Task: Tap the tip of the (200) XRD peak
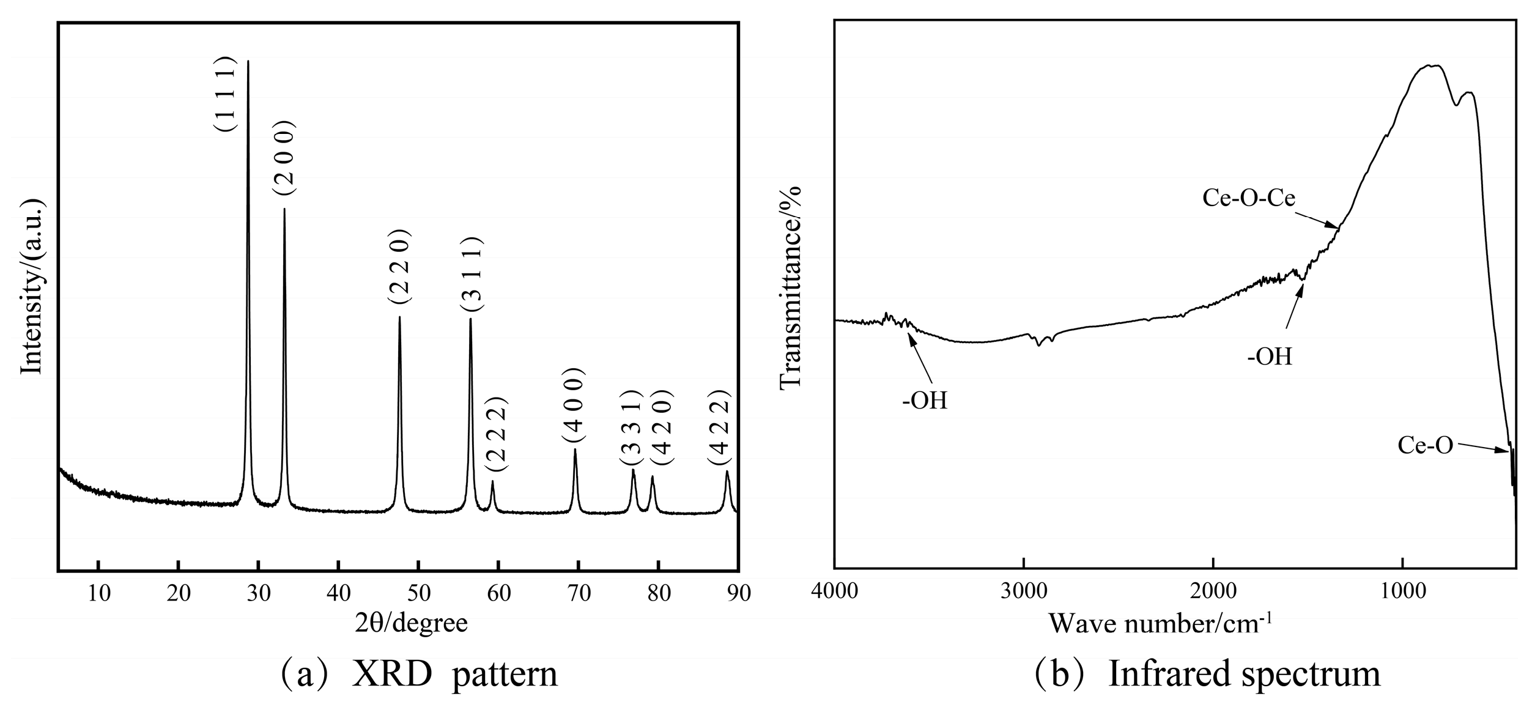(x=284, y=210)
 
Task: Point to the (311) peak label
(x=472, y=273)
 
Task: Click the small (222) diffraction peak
(x=492, y=483)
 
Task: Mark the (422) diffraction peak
(x=727, y=472)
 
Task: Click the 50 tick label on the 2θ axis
(x=418, y=593)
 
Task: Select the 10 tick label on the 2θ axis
(x=98, y=593)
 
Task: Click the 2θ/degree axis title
(x=411, y=623)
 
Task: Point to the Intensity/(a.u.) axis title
(x=31, y=286)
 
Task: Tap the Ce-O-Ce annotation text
(x=1249, y=198)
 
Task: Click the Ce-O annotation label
(x=1425, y=445)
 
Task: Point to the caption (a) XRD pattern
(x=418, y=675)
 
